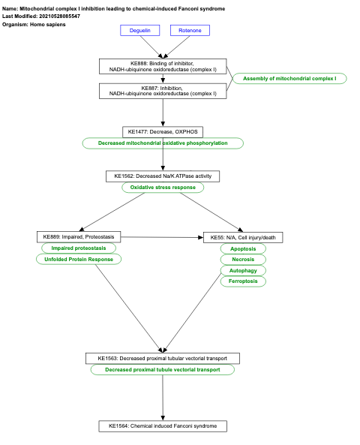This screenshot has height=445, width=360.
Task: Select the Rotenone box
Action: (190, 31)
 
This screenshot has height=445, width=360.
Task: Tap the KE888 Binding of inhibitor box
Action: (163, 67)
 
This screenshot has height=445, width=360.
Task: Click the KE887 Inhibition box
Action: (163, 91)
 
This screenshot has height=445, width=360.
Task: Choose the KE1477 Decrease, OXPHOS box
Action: (163, 132)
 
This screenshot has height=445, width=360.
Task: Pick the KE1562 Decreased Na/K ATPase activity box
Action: (163, 176)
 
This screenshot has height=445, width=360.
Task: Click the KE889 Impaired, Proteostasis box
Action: (79, 237)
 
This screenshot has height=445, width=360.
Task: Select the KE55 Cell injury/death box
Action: (243, 237)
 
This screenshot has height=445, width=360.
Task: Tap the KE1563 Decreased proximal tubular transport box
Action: (163, 358)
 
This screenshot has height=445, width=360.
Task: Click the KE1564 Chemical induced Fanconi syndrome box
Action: (163, 426)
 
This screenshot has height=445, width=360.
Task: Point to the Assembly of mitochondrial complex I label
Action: (289, 79)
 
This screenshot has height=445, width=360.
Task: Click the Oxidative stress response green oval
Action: (163, 188)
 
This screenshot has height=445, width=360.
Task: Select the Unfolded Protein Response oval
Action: (79, 259)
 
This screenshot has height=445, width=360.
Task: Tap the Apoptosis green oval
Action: (243, 248)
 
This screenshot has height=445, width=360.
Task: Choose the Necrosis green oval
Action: (243, 260)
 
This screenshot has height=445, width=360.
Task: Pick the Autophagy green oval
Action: (243, 270)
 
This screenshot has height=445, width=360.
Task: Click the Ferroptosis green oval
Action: (243, 281)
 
